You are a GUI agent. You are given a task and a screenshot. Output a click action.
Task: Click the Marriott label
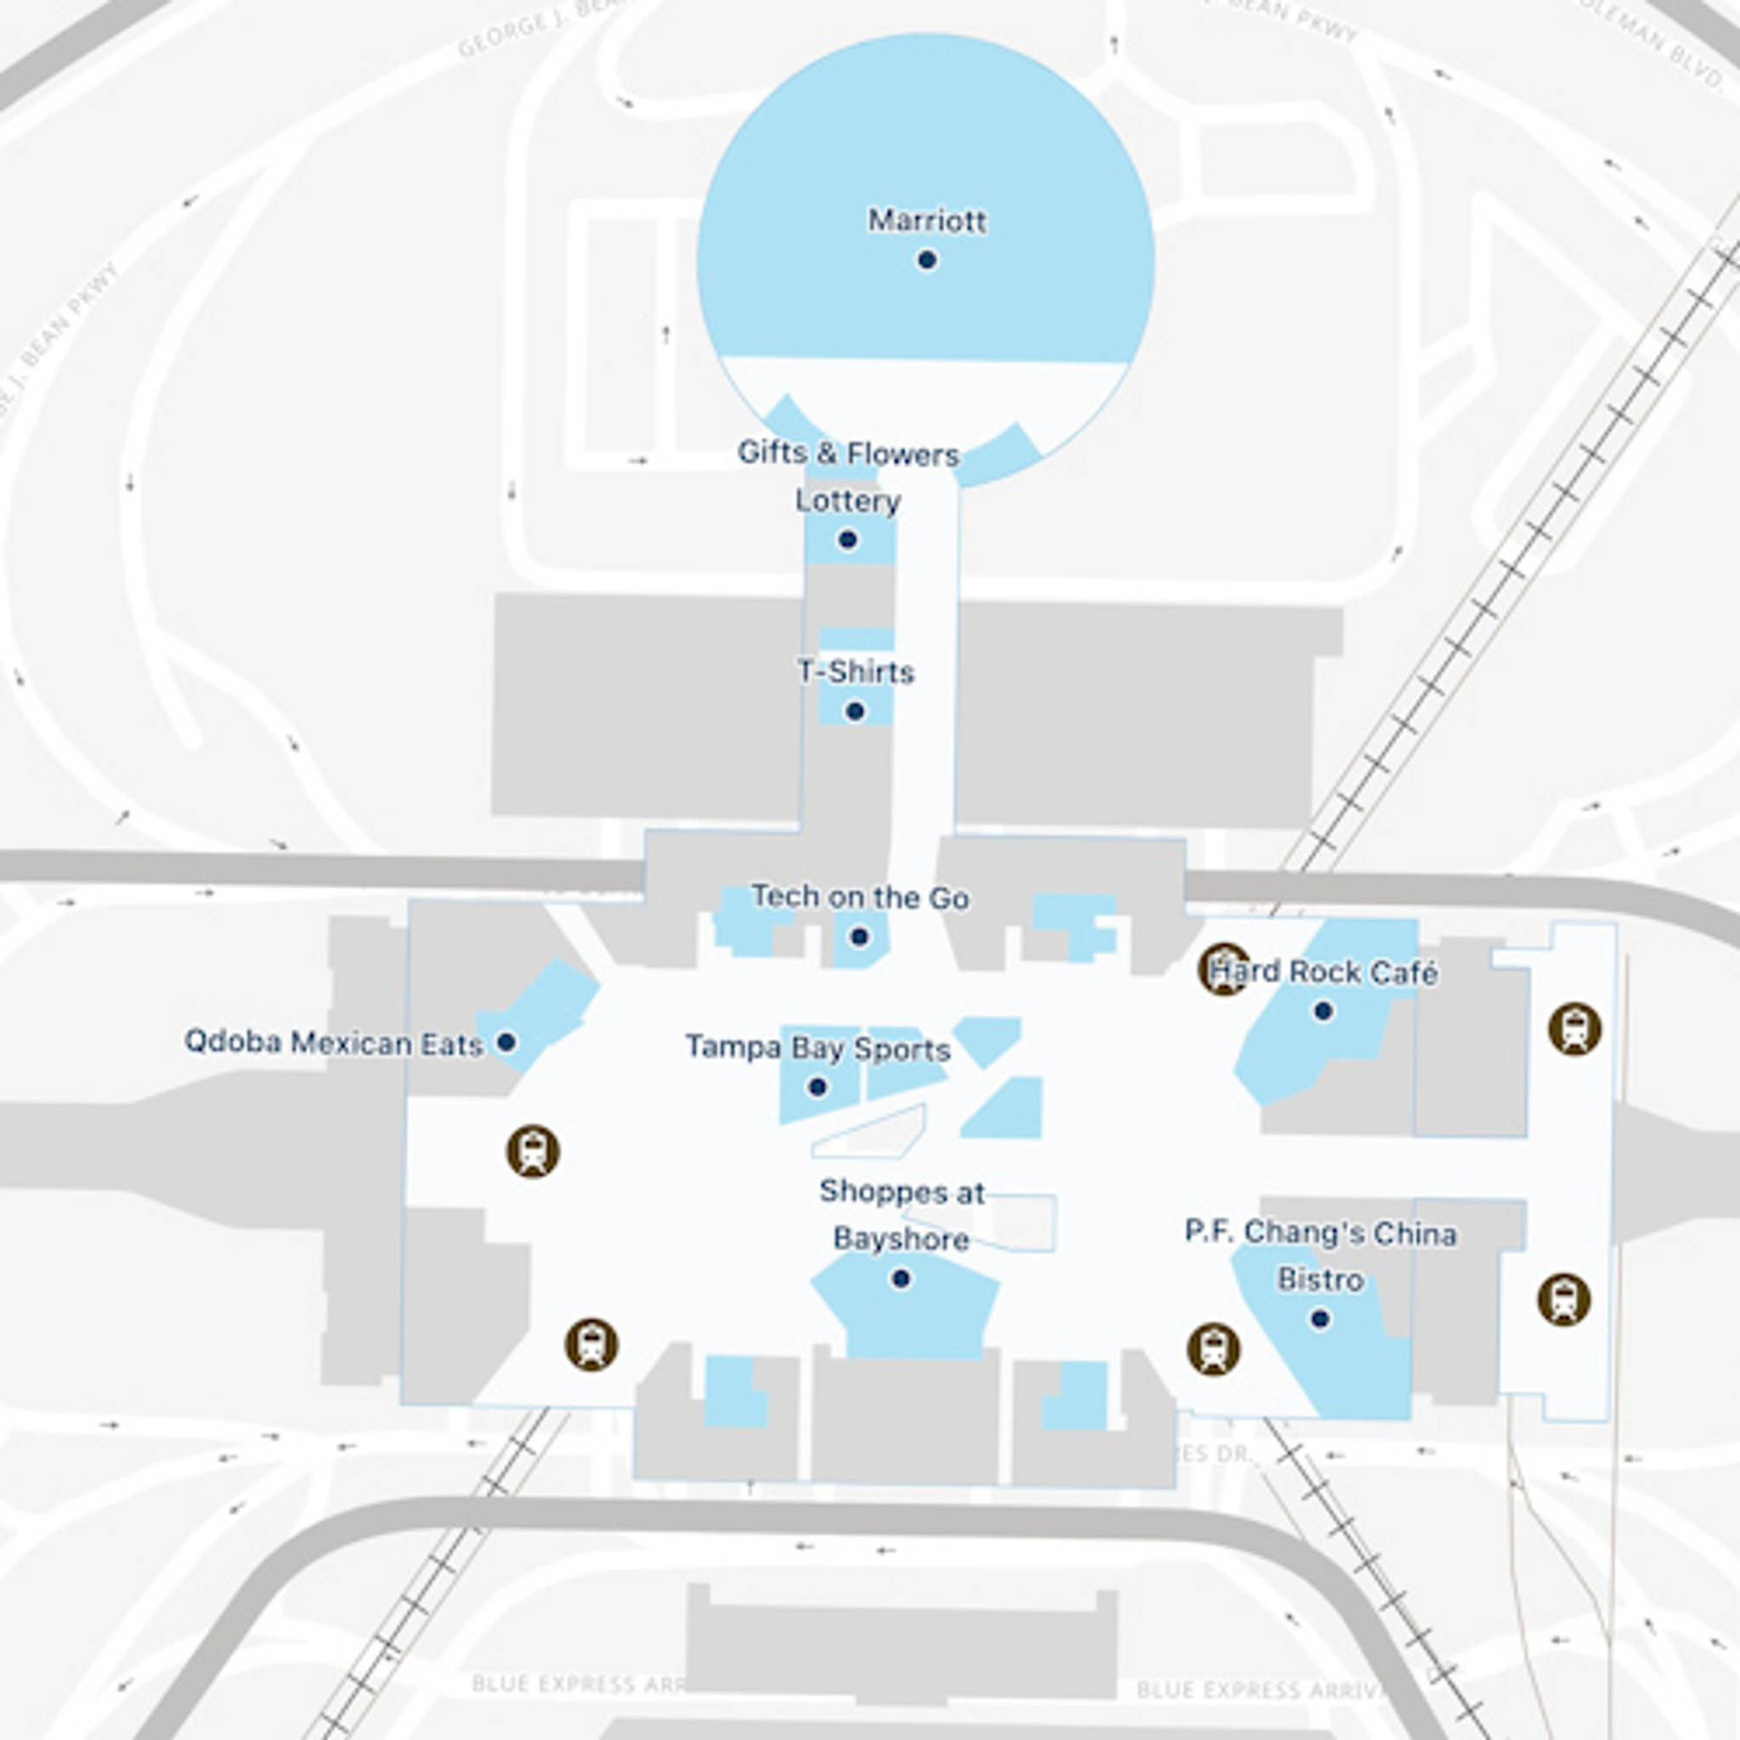click(927, 221)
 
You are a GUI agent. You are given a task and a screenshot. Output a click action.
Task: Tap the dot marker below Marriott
click(927, 260)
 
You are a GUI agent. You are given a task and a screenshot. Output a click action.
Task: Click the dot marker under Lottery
click(847, 540)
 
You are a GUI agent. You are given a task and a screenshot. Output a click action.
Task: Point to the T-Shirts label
click(856, 672)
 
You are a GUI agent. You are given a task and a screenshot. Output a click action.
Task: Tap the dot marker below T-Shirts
click(856, 711)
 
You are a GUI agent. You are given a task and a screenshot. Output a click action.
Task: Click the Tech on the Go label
click(860, 897)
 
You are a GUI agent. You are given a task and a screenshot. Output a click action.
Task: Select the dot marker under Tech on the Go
click(859, 936)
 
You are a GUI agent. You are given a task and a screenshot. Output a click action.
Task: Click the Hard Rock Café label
click(1323, 973)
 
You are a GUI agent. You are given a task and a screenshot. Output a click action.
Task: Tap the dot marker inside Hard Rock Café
click(1323, 1011)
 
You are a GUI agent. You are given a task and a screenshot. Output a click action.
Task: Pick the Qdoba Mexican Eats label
click(333, 1043)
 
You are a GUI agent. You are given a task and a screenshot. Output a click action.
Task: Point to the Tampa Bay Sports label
click(818, 1048)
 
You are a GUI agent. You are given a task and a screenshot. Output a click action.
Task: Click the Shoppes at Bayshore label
click(901, 1215)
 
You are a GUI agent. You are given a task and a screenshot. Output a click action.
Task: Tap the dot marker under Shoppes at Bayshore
click(901, 1279)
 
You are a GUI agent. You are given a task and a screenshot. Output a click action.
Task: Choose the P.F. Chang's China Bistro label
click(1320, 1256)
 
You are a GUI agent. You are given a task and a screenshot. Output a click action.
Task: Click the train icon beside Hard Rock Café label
click(1224, 969)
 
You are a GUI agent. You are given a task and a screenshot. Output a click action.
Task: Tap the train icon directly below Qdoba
click(534, 1151)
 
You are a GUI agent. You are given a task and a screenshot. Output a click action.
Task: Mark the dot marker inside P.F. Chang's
click(1320, 1319)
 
